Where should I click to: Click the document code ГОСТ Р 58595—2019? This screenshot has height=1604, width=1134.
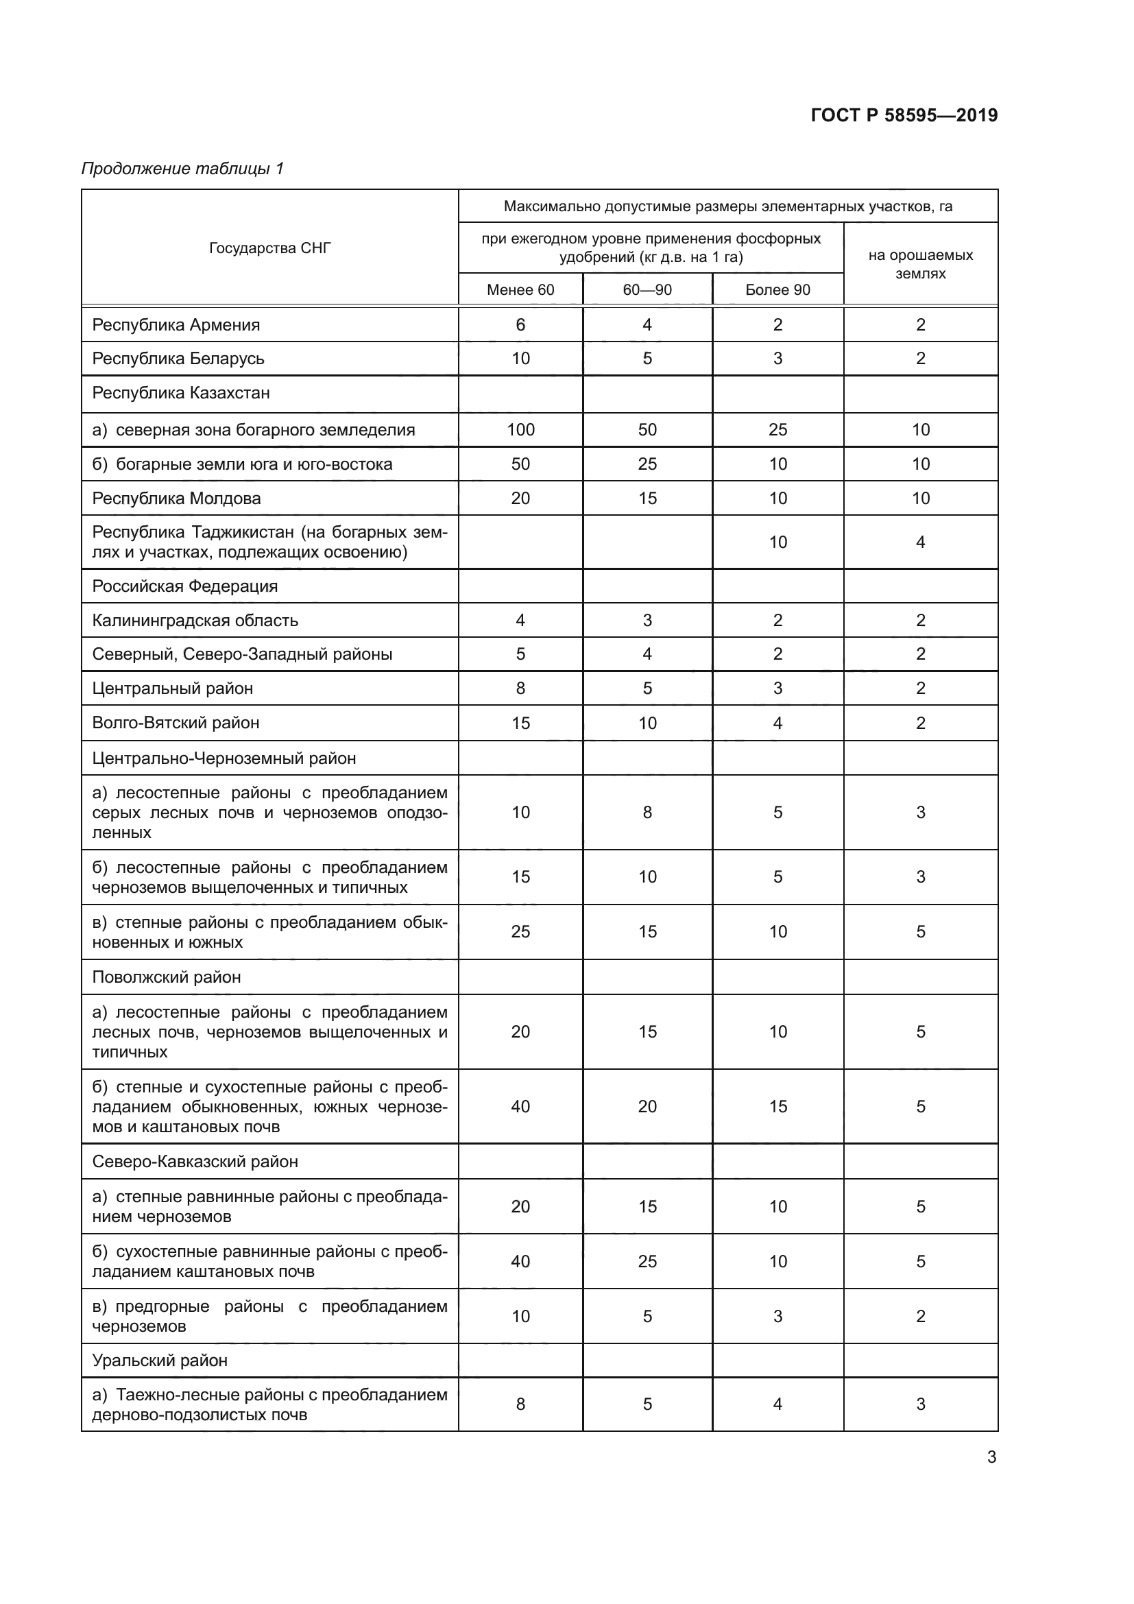[904, 115]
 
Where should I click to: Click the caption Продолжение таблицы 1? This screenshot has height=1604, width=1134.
[182, 169]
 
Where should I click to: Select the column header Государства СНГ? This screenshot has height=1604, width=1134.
[269, 248]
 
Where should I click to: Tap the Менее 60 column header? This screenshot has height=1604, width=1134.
[520, 290]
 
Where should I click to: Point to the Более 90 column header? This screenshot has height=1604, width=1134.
[777, 290]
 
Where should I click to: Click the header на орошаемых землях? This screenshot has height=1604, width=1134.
[919, 264]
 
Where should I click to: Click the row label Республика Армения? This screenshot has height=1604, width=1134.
[176, 325]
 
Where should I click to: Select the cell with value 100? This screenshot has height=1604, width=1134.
[520, 430]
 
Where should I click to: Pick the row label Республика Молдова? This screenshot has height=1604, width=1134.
[176, 498]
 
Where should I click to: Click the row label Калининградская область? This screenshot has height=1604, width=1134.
[195, 621]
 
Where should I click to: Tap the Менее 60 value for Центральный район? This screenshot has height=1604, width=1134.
[520, 688]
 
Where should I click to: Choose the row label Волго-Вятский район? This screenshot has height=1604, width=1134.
[176, 723]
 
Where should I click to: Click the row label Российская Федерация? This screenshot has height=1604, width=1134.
[184, 586]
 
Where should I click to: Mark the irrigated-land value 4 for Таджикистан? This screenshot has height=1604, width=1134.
[919, 542]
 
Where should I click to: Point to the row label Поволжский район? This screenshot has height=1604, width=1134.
[166, 977]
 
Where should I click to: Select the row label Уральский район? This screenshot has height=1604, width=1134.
[159, 1360]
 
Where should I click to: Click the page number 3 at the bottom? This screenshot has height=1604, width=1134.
[991, 1457]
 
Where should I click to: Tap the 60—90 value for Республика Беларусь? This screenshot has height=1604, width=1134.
[647, 359]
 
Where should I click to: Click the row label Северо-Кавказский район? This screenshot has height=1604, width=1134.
[195, 1162]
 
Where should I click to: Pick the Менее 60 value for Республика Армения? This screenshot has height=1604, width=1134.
[520, 325]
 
